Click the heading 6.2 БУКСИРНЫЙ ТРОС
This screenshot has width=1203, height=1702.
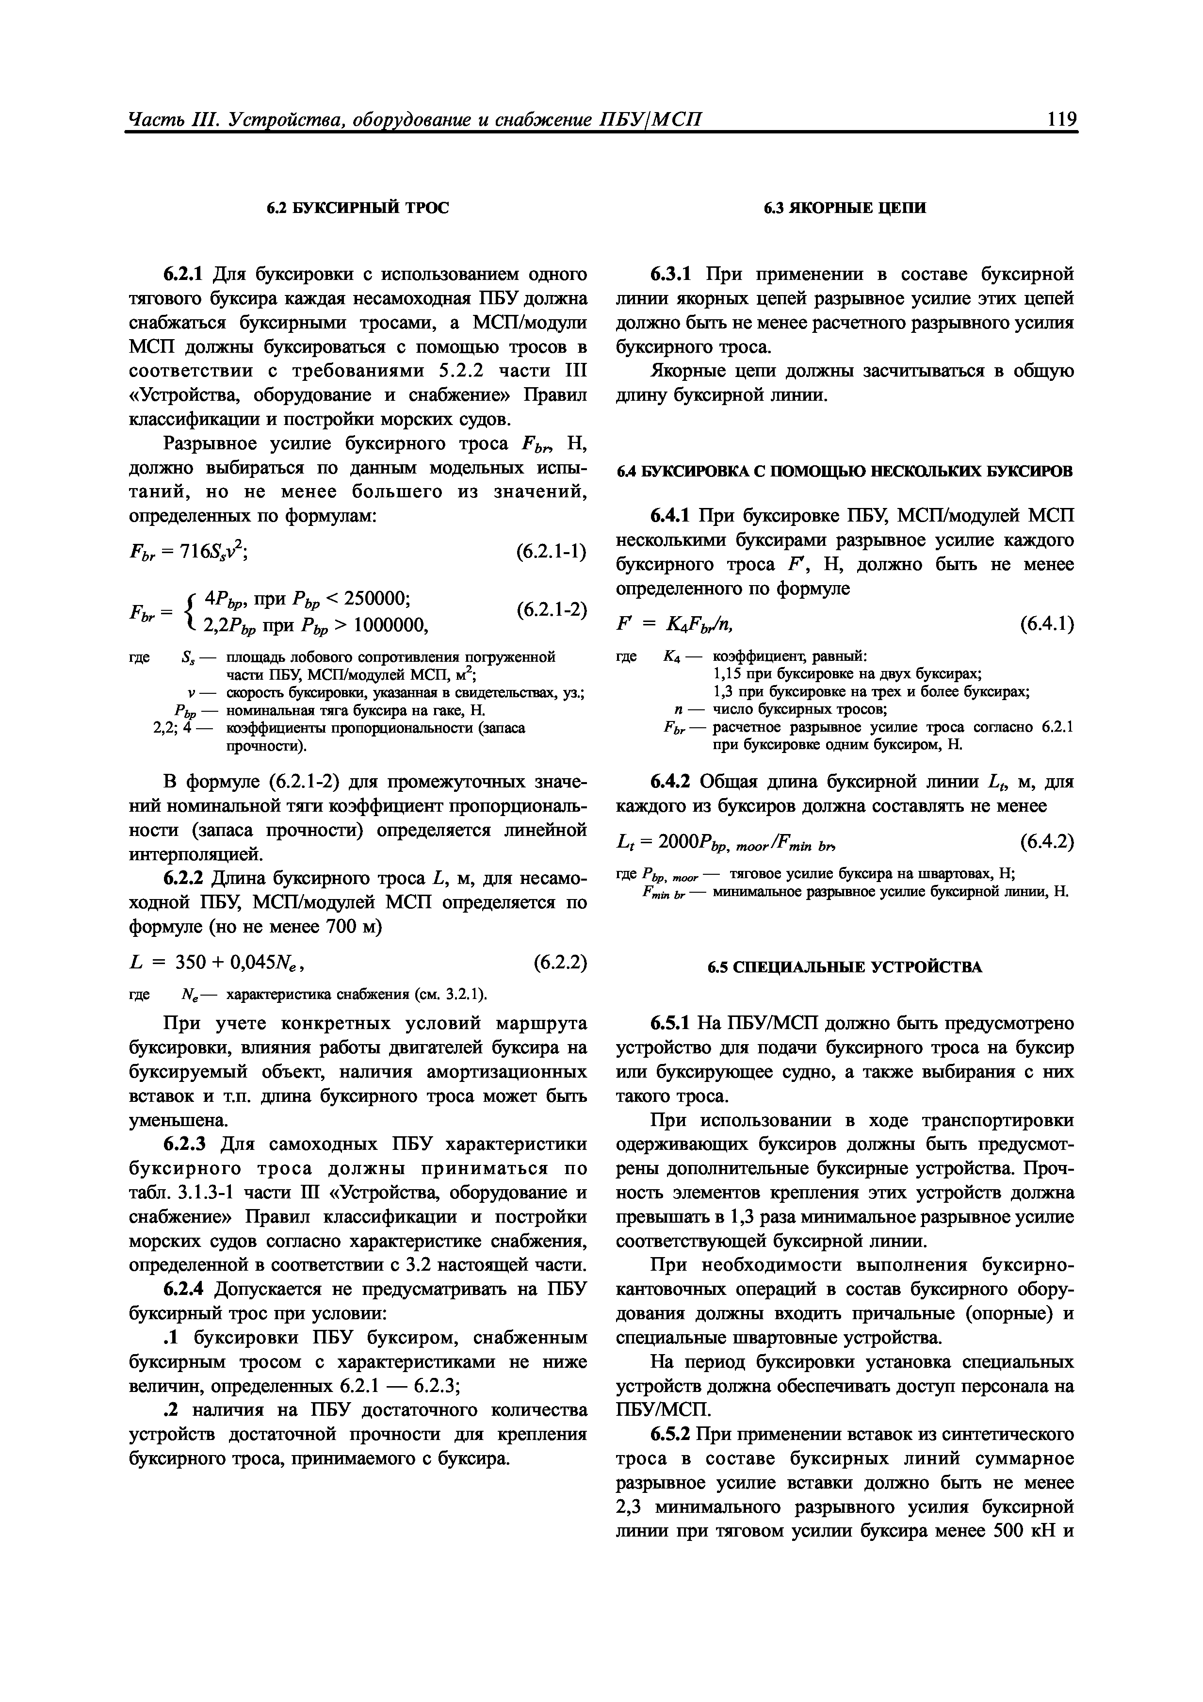358,208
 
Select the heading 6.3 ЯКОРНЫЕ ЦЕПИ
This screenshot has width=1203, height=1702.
844,208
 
